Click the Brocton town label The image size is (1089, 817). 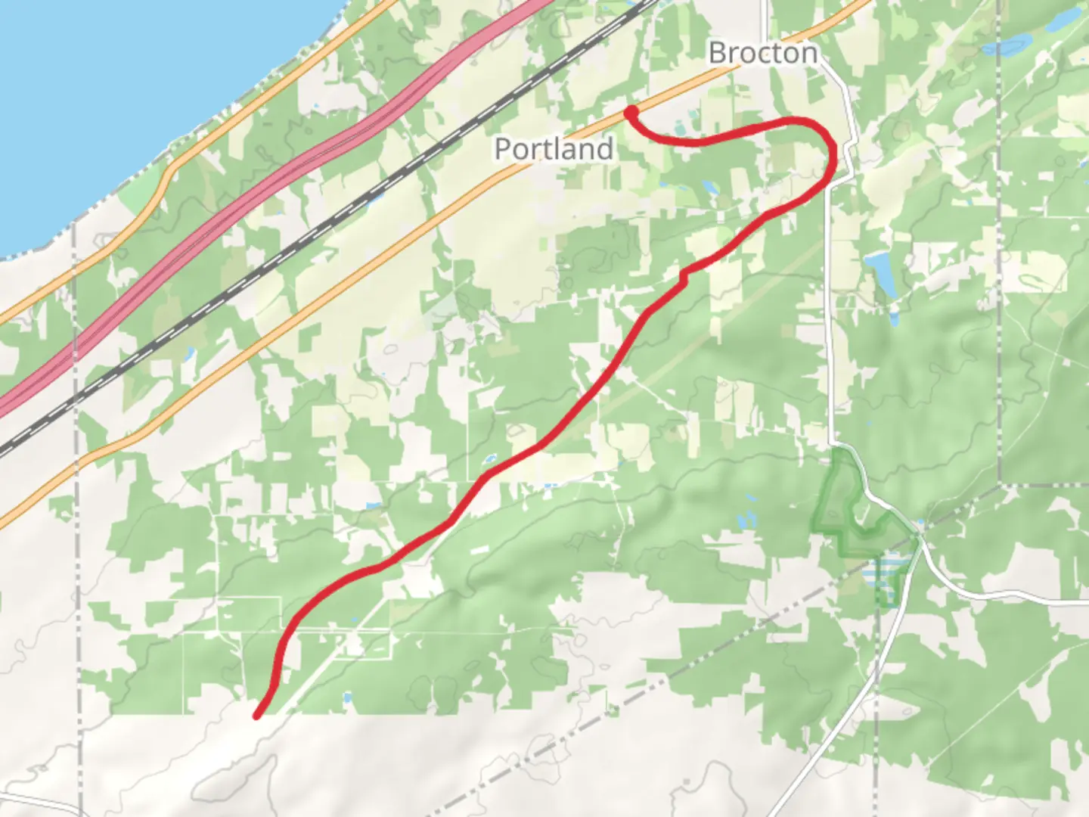pyautogui.click(x=763, y=53)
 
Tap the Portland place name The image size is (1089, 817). pyautogui.click(x=554, y=148)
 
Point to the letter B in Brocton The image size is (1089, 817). pyautogui.click(x=718, y=53)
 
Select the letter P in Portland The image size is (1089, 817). pyautogui.click(x=502, y=148)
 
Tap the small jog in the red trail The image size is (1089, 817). pyautogui.click(x=685, y=275)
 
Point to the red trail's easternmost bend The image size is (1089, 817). pyautogui.click(x=832, y=151)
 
